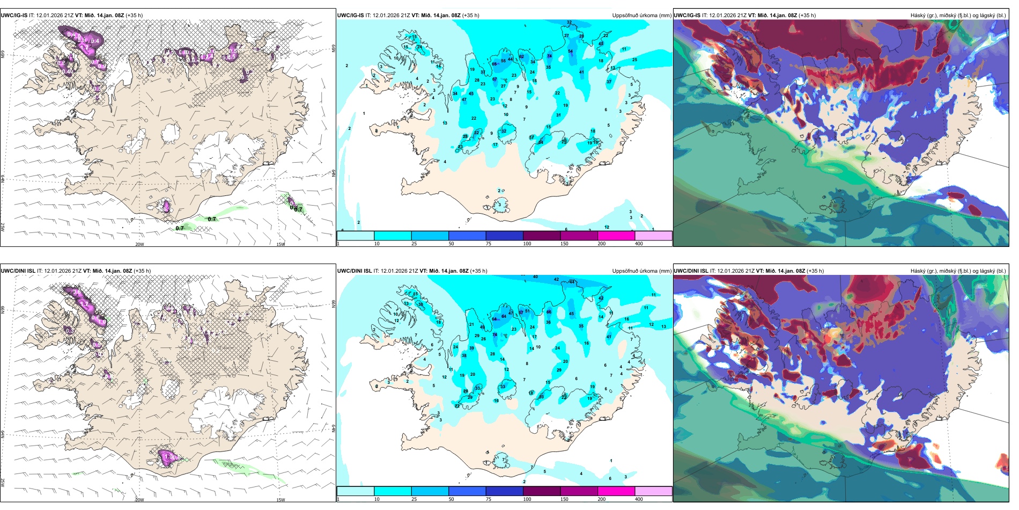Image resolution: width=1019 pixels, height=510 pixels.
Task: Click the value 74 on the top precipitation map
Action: pos(549,56)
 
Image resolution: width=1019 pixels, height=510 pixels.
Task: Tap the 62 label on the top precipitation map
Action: pos(521,56)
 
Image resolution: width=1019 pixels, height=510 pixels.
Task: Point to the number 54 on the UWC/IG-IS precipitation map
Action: pos(570,52)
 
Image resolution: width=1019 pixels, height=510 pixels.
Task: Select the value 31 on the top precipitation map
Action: pos(558,115)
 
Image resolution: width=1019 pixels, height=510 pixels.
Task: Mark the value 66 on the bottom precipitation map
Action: pos(549,312)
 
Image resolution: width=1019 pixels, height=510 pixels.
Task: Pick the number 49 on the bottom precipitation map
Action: pos(482,327)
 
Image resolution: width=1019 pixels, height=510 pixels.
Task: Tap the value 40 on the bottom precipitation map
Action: pos(535,277)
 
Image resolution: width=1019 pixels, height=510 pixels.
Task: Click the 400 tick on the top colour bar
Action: pos(639,244)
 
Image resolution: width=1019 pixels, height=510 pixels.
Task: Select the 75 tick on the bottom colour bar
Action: pos(489,499)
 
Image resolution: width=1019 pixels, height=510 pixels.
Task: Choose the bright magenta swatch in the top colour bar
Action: pos(616,236)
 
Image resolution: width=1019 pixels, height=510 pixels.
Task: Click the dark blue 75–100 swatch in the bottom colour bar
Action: pos(504,491)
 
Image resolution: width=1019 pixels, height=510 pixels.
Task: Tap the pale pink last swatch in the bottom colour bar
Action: pos(653,491)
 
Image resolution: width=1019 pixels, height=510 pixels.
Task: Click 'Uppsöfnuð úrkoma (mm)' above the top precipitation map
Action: pos(641,16)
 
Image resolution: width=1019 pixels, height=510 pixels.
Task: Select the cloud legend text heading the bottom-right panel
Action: pos(958,271)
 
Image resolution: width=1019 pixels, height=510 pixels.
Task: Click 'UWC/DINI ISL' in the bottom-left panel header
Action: pos(18,271)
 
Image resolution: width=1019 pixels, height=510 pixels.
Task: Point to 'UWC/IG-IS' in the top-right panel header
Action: pos(687,16)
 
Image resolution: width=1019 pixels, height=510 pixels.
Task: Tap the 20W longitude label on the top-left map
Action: pos(139,244)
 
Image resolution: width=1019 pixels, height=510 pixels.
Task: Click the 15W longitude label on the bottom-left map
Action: pos(280,500)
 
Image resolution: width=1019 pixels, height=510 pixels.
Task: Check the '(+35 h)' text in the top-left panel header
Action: pos(134,16)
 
